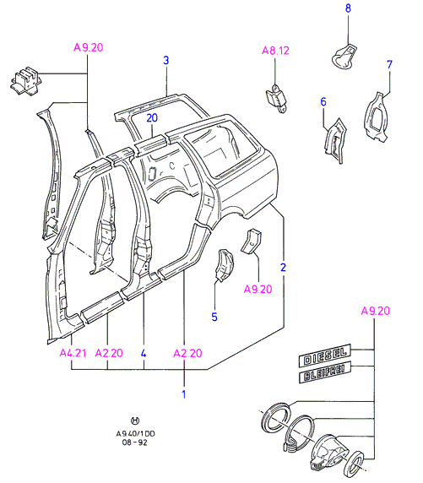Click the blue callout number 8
[348, 8]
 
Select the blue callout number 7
[390, 64]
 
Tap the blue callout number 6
[323, 101]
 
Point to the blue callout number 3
[166, 60]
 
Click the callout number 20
[152, 117]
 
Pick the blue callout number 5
[214, 317]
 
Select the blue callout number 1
[184, 394]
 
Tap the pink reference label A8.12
[275, 51]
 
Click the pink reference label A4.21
[73, 353]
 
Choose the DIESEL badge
[325, 355]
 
